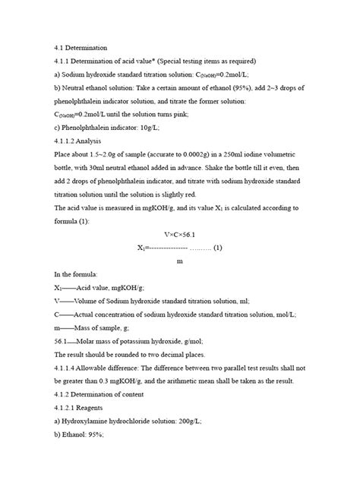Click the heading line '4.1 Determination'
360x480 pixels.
pos(81,49)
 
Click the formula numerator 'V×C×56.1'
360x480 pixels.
pos(179,234)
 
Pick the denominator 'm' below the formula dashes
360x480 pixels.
pos(179,261)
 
